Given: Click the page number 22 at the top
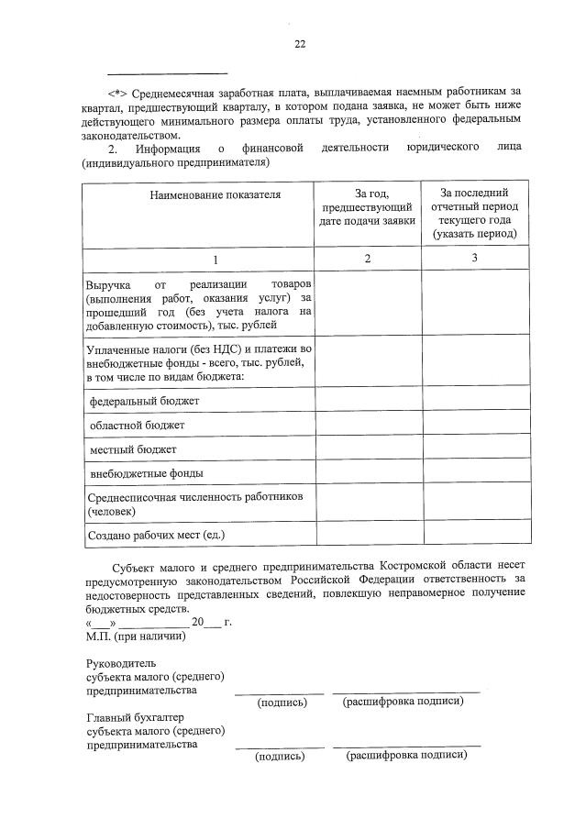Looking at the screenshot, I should tap(299, 43).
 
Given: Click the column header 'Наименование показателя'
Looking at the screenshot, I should tap(198, 194).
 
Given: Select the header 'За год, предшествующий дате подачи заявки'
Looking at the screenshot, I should tap(367, 206).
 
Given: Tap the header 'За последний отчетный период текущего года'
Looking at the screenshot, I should tap(474, 213).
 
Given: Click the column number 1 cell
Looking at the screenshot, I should tap(197, 260).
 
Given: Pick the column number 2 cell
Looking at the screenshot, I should tap(367, 260).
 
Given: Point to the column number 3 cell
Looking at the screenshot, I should tap(474, 260).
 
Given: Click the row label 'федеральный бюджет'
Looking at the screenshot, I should tap(144, 402).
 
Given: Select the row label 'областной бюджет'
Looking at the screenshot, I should tap(137, 426).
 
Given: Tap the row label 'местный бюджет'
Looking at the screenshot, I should tap(133, 449).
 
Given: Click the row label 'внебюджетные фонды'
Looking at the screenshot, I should tap(147, 473).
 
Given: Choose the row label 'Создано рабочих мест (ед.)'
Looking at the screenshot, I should tap(155, 534).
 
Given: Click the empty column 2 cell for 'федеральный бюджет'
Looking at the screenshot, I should tap(367, 401).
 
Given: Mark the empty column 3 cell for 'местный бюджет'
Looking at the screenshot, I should tap(474, 449).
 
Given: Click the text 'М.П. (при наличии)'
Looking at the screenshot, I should tap(136, 636).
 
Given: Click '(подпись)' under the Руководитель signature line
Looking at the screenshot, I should tap(282, 703).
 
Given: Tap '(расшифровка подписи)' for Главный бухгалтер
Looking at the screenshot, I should tap(406, 757).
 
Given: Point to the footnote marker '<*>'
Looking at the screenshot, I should tap(118, 92).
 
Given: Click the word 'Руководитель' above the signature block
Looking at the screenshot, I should tap(121, 663).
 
